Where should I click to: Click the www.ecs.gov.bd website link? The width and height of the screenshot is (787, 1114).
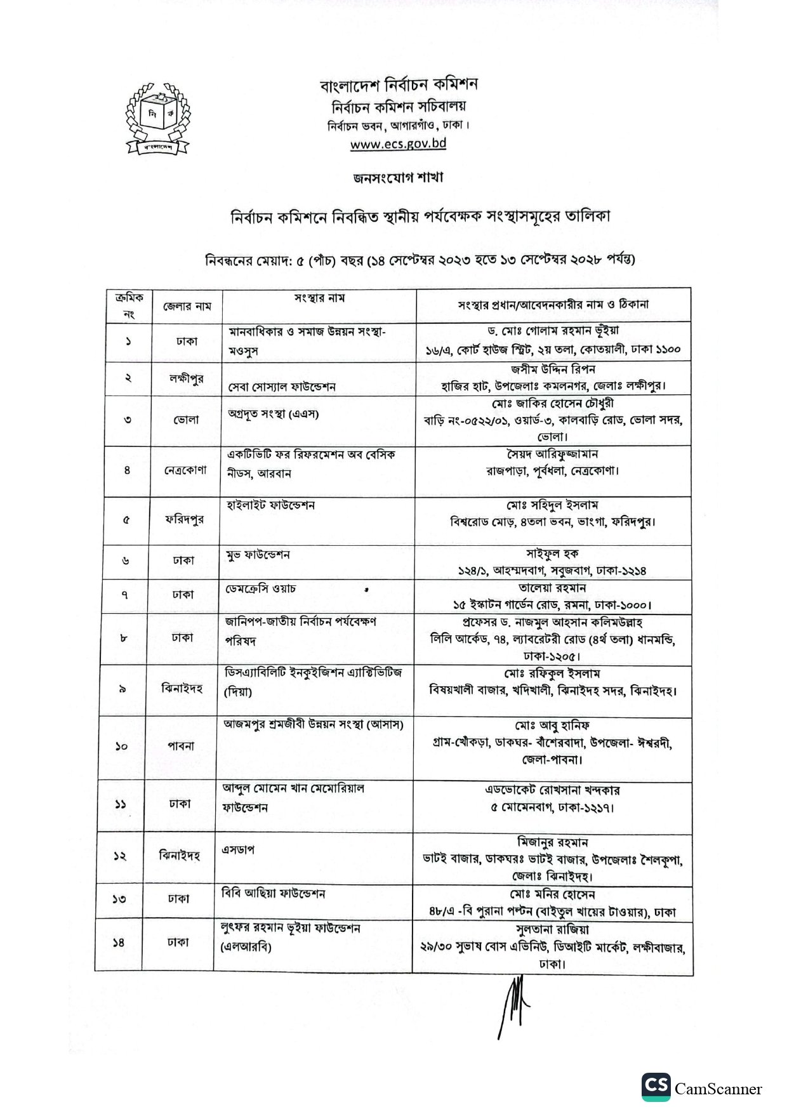398,143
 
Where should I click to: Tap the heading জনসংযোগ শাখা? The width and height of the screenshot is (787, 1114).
398,178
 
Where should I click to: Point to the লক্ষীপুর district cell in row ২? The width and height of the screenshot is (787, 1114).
183,378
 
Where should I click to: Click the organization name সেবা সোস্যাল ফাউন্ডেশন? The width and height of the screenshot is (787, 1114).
282,387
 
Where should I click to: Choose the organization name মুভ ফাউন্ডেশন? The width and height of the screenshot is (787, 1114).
258,555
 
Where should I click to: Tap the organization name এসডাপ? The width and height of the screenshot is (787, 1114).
238,849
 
